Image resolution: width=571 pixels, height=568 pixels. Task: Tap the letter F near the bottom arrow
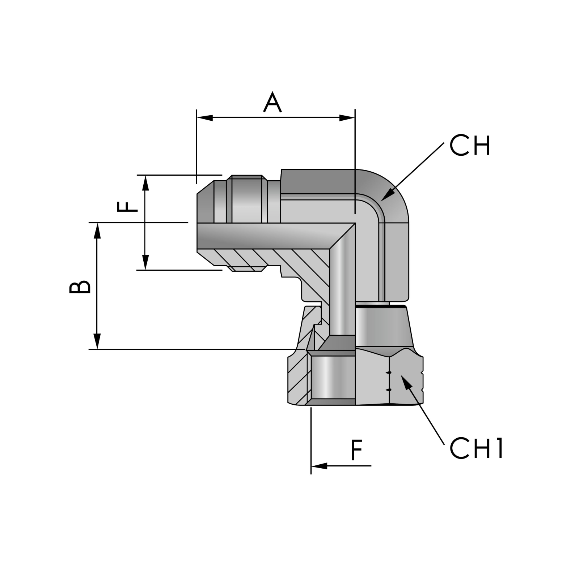point(357,450)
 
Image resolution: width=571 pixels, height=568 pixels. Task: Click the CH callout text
point(469,146)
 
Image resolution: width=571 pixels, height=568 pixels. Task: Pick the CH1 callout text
point(476,448)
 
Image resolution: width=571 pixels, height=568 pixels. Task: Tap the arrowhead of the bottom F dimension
point(319,466)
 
